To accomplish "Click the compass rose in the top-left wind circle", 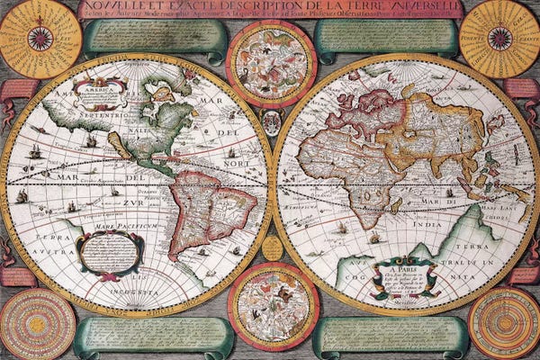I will coord(40,38).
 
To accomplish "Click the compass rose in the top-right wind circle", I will coord(499,38).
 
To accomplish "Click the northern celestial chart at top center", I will coord(271,63).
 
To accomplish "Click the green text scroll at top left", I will coord(153,38).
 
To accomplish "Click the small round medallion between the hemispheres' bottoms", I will coord(272,247).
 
